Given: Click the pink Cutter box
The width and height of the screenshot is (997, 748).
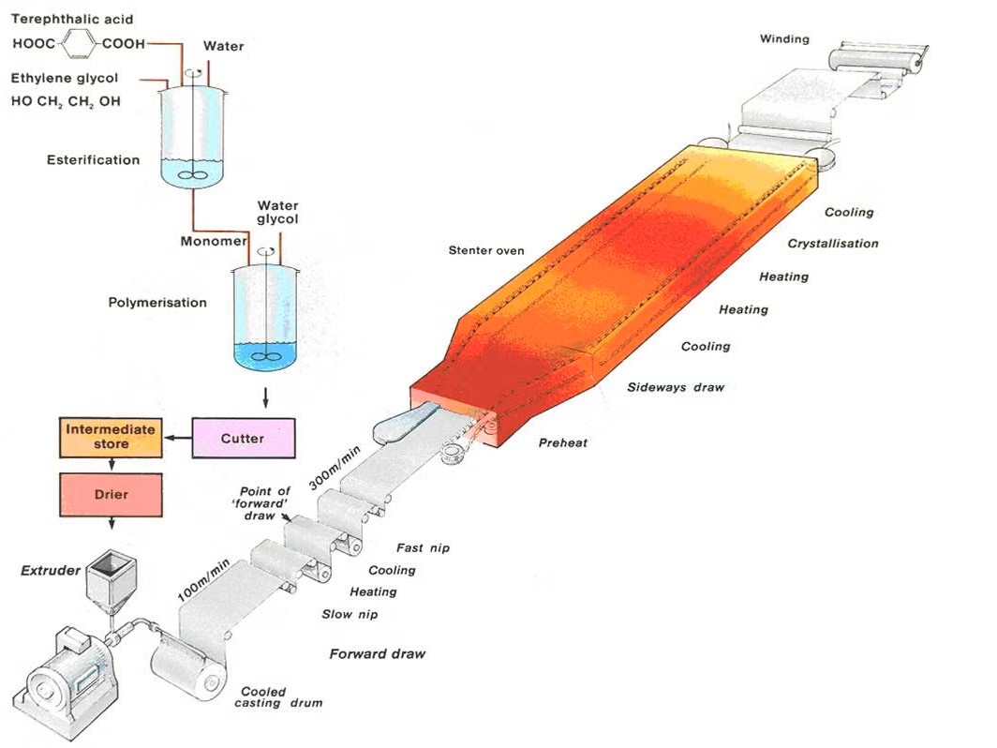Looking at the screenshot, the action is (244, 439).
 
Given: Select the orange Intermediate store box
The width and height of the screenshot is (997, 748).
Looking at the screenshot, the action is (111, 438).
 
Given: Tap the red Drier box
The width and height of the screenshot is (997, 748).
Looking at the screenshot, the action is (111, 494).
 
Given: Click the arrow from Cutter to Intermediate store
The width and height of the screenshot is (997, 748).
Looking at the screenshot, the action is (177, 438).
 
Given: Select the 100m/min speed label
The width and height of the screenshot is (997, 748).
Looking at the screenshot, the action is (202, 580).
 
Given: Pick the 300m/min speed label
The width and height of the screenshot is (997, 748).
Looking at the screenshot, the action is (335, 468).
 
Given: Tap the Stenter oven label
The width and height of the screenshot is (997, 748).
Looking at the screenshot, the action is (486, 250).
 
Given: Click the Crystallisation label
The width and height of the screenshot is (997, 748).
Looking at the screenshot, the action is (833, 244).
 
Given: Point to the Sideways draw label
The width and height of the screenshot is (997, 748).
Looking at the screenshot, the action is (676, 387).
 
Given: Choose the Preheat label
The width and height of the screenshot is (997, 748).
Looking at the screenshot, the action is (563, 442).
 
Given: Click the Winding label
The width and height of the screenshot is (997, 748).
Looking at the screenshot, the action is (784, 38).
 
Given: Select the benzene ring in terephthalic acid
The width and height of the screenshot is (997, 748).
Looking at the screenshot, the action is (79, 44).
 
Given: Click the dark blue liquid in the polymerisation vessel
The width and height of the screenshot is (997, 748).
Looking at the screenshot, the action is (265, 356).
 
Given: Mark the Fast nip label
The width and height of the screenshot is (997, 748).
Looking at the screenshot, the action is (423, 547).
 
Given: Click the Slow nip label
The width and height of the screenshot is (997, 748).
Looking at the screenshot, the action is (350, 614).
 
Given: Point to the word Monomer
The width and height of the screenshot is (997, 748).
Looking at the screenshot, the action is (214, 241).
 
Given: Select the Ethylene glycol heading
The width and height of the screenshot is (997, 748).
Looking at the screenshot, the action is (65, 78).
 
